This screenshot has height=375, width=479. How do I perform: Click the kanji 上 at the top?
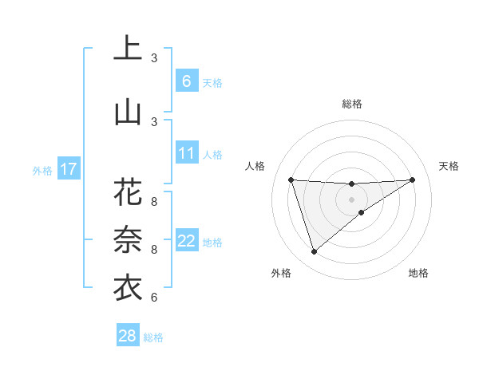click(x=129, y=49)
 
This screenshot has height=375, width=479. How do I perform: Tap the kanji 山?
click(x=129, y=112)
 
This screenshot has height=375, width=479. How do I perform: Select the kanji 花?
click(x=129, y=193)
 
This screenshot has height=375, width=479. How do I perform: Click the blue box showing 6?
click(x=187, y=81)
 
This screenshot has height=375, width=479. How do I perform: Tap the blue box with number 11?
click(x=187, y=152)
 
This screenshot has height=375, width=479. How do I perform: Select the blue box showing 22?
click(x=187, y=241)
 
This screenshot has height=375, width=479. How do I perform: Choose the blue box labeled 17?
click(x=69, y=169)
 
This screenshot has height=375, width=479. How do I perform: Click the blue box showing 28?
click(x=128, y=336)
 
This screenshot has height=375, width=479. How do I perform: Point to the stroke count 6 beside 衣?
click(x=154, y=298)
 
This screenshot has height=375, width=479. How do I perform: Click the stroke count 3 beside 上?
click(x=154, y=58)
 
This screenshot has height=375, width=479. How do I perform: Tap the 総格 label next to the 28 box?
click(x=153, y=337)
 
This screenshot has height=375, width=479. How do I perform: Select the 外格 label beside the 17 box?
click(x=42, y=170)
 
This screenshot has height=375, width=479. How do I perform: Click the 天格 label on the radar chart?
click(x=449, y=166)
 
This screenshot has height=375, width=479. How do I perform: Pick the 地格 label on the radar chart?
click(x=418, y=273)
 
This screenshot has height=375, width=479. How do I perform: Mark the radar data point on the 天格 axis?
click(x=412, y=180)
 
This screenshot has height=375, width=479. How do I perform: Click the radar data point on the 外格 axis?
click(x=314, y=252)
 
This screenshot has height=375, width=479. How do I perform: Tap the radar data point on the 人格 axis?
click(x=291, y=180)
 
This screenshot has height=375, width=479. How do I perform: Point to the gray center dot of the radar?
click(x=352, y=199)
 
